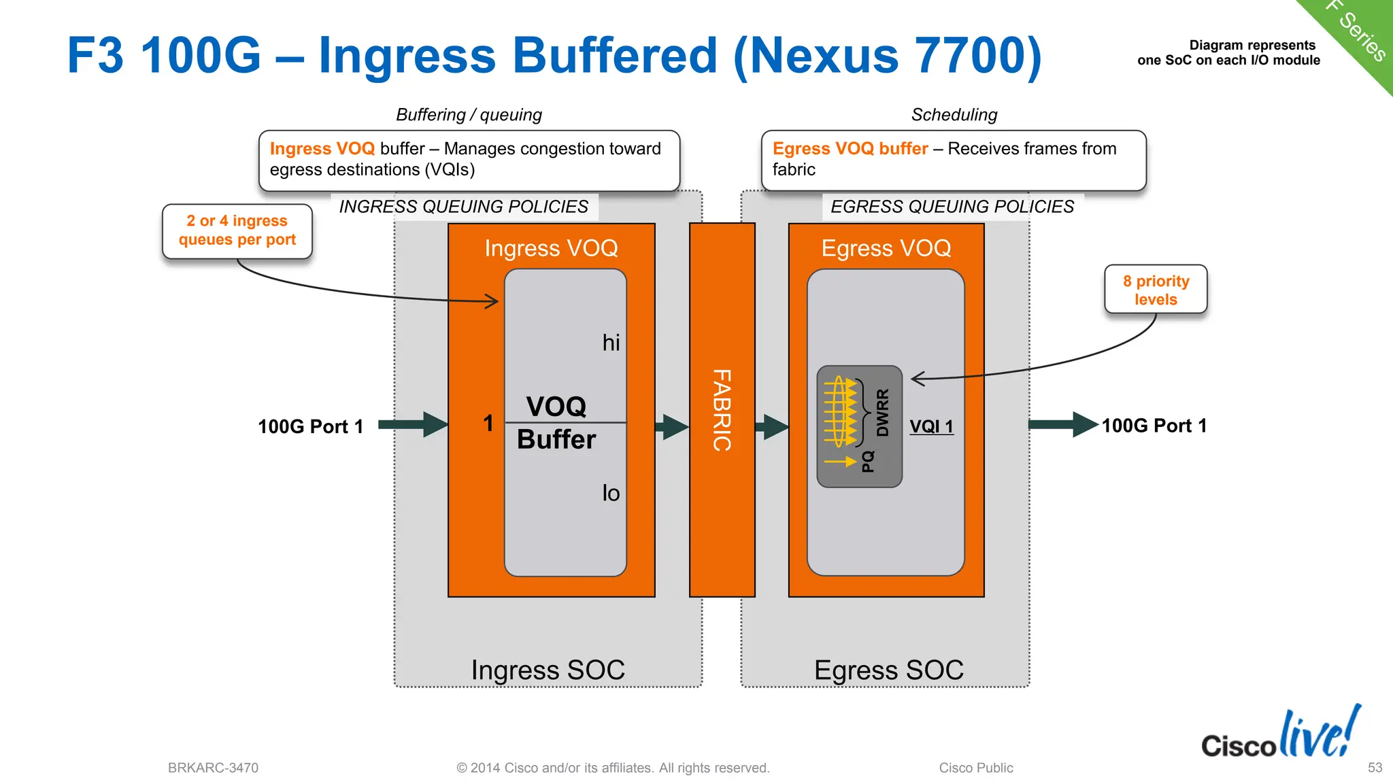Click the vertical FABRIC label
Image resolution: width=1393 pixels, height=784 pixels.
point(722,410)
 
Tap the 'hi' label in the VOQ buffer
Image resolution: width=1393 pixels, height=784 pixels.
point(611,343)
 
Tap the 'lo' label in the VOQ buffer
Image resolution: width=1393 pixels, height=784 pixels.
point(611,493)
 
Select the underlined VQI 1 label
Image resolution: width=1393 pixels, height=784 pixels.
point(931,426)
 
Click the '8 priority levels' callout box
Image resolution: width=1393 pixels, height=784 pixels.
point(1156,290)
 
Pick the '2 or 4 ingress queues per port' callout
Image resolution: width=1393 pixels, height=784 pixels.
point(237,231)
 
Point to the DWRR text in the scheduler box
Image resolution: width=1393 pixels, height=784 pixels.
point(882,413)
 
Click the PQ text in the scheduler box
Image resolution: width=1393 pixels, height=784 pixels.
point(868,462)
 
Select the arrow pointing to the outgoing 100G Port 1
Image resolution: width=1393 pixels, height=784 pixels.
point(1062,424)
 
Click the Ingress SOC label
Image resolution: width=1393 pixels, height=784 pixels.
point(548,670)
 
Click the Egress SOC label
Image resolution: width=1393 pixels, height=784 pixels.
point(888,670)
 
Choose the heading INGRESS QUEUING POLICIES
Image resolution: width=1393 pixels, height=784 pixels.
point(463,207)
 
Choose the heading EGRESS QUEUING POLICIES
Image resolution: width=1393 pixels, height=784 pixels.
point(952,207)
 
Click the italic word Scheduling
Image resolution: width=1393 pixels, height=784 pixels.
point(954,115)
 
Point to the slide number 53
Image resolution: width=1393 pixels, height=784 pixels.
point(1375,768)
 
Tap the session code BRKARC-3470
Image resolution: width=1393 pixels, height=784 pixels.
point(213,768)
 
